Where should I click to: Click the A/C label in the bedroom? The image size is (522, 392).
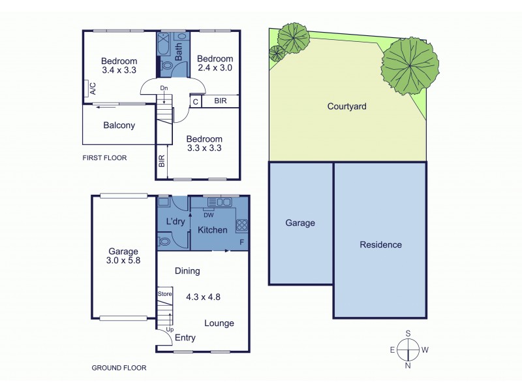[91, 88]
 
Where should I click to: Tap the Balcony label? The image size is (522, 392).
[119, 125]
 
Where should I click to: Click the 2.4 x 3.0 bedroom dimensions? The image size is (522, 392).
[215, 67]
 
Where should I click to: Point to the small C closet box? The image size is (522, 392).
[194, 101]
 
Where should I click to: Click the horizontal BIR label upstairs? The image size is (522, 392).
[221, 101]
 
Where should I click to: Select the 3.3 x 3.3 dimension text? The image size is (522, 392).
[204, 148]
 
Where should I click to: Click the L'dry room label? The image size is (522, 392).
[174, 221]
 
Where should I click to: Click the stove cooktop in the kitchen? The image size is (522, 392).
[241, 225]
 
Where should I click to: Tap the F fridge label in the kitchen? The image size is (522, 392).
[242, 243]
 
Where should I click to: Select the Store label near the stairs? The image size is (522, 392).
[164, 295]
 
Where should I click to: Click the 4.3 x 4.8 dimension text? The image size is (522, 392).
[202, 296]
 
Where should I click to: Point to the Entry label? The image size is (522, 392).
[185, 338]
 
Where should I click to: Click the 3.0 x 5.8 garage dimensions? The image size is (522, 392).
[123, 260]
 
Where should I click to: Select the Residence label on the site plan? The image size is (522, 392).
[380, 245]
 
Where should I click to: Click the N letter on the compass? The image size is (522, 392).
[408, 365]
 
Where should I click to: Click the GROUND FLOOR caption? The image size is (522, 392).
[119, 368]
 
